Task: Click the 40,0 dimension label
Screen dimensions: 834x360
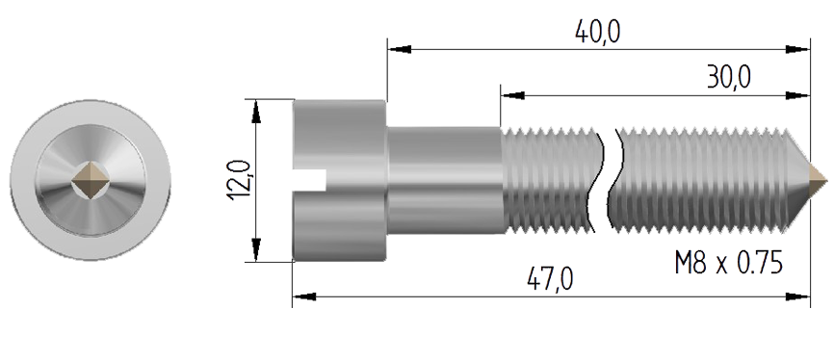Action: [597, 33]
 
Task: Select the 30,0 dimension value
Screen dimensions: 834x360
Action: [729, 78]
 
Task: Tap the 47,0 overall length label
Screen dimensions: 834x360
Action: [551, 278]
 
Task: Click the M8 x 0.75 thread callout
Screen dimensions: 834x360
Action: [729, 263]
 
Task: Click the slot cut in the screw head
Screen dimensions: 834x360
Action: [309, 179]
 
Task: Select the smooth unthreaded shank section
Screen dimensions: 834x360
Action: [444, 180]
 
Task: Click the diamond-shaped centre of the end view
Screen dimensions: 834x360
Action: [91, 180]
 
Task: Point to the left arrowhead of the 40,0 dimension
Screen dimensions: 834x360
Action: [400, 49]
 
